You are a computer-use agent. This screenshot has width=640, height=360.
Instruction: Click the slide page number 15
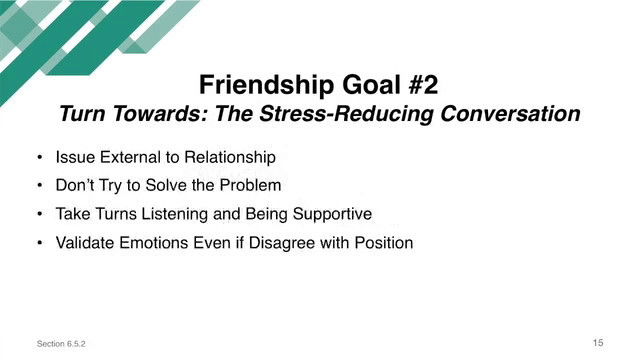598,343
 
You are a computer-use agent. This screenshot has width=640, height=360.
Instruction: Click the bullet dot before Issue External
38,158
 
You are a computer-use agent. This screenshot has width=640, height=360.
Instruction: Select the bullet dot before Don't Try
38,186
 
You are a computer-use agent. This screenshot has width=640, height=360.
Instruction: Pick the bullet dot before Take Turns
38,214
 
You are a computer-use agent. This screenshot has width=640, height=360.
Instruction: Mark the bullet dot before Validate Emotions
38,242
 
